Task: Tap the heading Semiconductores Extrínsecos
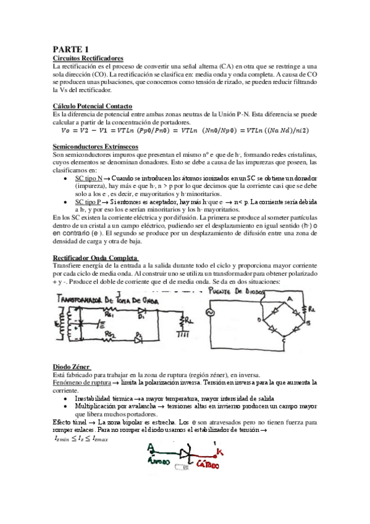tap(96, 146)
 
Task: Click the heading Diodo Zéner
tap(72, 366)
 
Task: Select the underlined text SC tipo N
tap(91, 178)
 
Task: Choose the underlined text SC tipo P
tap(91, 202)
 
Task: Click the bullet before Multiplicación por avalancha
tap(66, 407)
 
